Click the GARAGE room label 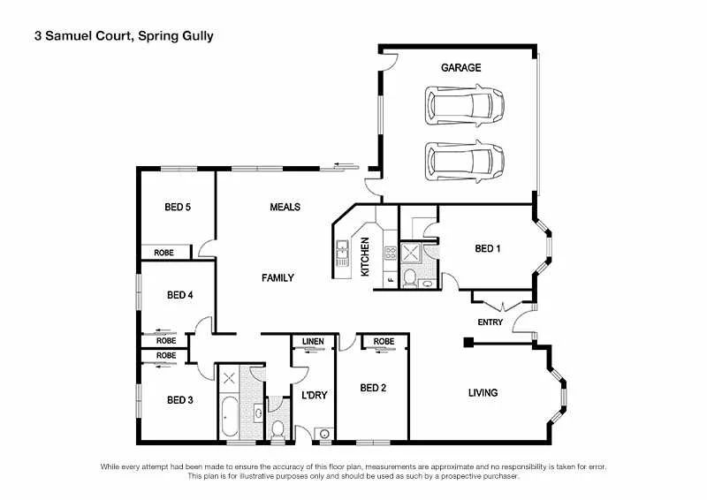460,67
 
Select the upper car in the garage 466,104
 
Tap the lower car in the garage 466,160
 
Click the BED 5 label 178,208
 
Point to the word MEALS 285,207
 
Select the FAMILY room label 277,277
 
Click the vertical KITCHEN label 365,258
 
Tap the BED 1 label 488,248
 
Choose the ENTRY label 490,322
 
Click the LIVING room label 483,392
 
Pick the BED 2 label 373,387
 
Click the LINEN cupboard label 313,341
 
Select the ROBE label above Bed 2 384,341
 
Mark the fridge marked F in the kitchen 390,281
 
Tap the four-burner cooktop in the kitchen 390,255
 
